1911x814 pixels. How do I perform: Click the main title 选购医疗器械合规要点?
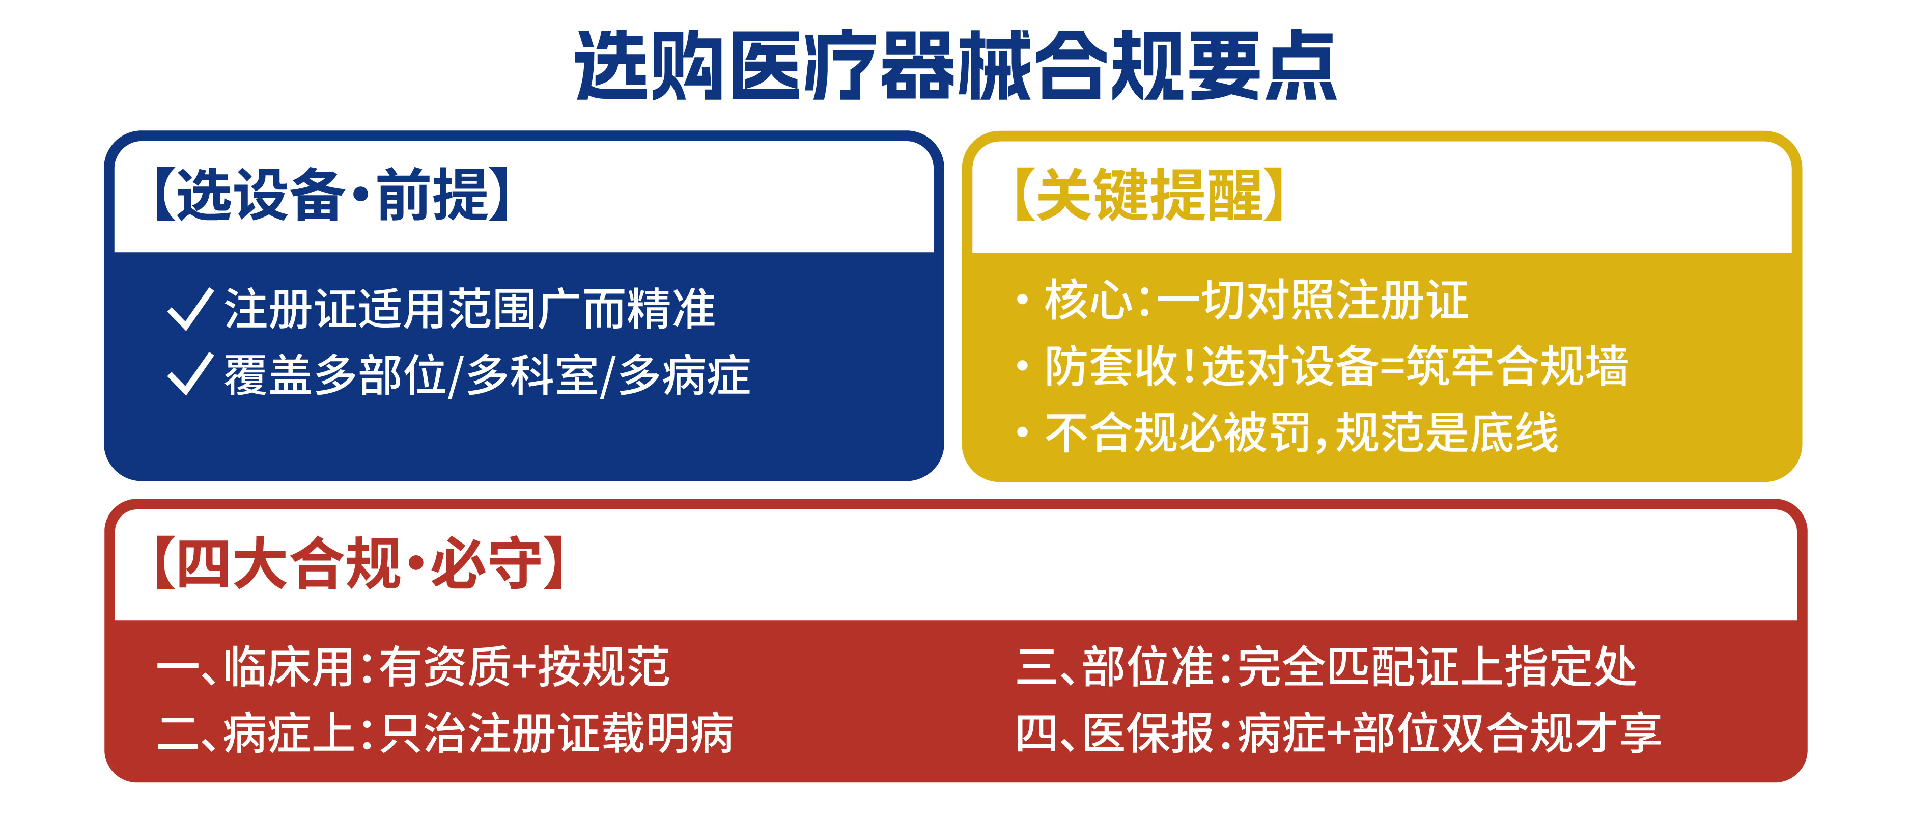click(955, 65)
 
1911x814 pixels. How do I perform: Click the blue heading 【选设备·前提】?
click(332, 195)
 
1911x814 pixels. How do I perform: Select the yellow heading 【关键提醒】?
click(1148, 195)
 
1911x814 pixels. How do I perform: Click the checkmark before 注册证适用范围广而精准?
click(191, 309)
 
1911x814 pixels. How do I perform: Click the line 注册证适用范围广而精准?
click(469, 309)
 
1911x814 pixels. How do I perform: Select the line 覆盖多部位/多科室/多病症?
click(487, 375)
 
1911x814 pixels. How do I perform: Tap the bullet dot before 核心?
click(1023, 300)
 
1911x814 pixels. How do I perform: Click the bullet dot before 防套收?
click(1023, 366)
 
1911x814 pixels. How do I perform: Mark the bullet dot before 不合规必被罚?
click(1023, 432)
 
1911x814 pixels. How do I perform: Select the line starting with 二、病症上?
click(445, 733)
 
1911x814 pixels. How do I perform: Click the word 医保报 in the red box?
click(1147, 733)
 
